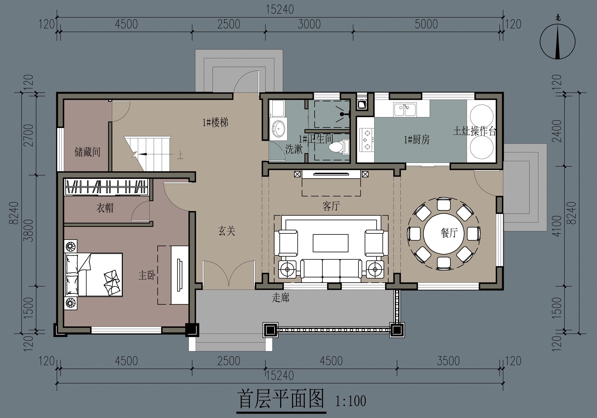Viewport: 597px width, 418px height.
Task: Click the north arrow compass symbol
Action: point(557,42)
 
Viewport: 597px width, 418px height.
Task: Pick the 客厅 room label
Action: point(331,206)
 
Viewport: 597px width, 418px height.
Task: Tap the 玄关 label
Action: point(227,231)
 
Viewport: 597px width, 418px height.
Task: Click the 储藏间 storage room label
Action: point(87,152)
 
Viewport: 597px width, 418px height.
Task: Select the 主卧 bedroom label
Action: point(147,275)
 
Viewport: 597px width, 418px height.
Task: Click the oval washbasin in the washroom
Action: point(279,128)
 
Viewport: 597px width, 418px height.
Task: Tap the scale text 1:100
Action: point(351,401)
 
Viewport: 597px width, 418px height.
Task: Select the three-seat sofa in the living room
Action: point(331,270)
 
